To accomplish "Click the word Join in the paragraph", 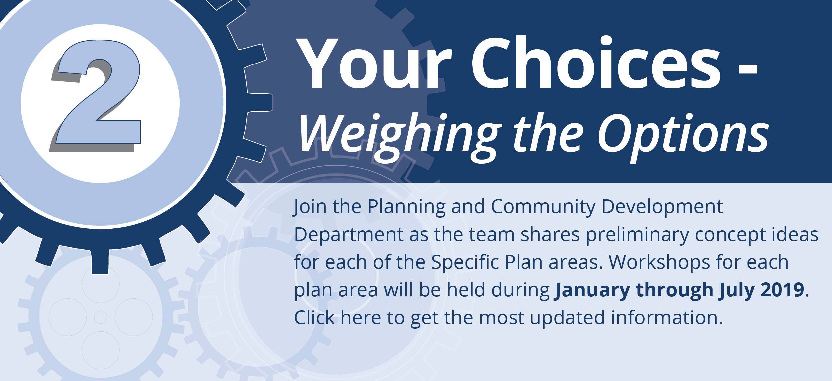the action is pyautogui.click(x=309, y=207).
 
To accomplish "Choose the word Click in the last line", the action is pyautogui.click(x=314, y=317).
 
